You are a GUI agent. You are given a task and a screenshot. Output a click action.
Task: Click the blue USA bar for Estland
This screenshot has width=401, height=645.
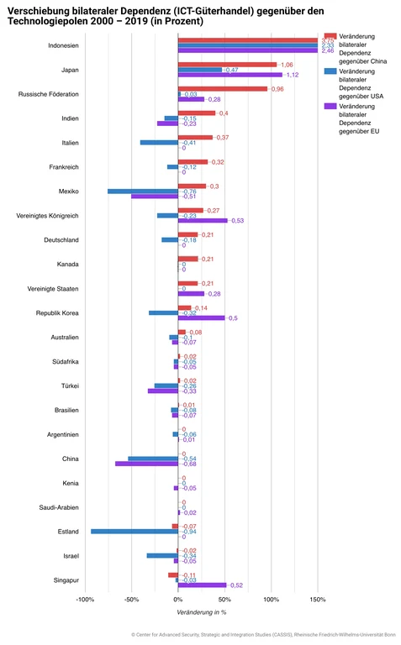pos(135,531)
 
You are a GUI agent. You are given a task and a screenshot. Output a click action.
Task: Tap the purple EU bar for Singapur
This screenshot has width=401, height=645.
pos(202,585)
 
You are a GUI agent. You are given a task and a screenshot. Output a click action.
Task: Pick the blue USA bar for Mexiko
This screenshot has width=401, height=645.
pos(142,191)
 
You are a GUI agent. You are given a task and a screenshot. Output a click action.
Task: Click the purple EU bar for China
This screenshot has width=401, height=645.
pos(146,464)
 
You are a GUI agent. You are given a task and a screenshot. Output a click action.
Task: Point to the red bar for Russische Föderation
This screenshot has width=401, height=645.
pos(222,89)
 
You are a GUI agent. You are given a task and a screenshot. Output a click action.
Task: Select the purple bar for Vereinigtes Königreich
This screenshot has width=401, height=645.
pos(203,220)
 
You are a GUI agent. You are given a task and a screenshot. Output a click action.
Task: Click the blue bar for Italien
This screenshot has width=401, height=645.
pos(159,143)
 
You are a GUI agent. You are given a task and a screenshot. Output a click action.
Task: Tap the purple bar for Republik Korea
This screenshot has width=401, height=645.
pos(201,317)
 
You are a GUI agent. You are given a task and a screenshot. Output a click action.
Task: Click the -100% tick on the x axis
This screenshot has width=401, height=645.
pos(85,600)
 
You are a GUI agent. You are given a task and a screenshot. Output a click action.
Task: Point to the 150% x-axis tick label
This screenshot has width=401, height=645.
pos(317,600)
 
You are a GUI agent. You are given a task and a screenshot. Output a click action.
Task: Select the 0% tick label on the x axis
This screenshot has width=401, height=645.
pos(177,600)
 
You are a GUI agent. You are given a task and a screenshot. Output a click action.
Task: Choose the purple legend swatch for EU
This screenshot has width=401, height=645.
pos(330,105)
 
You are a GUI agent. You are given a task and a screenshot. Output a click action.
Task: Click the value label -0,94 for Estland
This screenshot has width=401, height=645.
pos(189,532)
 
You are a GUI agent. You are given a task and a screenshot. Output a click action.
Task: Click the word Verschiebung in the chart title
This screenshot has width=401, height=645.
pos(41,8)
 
